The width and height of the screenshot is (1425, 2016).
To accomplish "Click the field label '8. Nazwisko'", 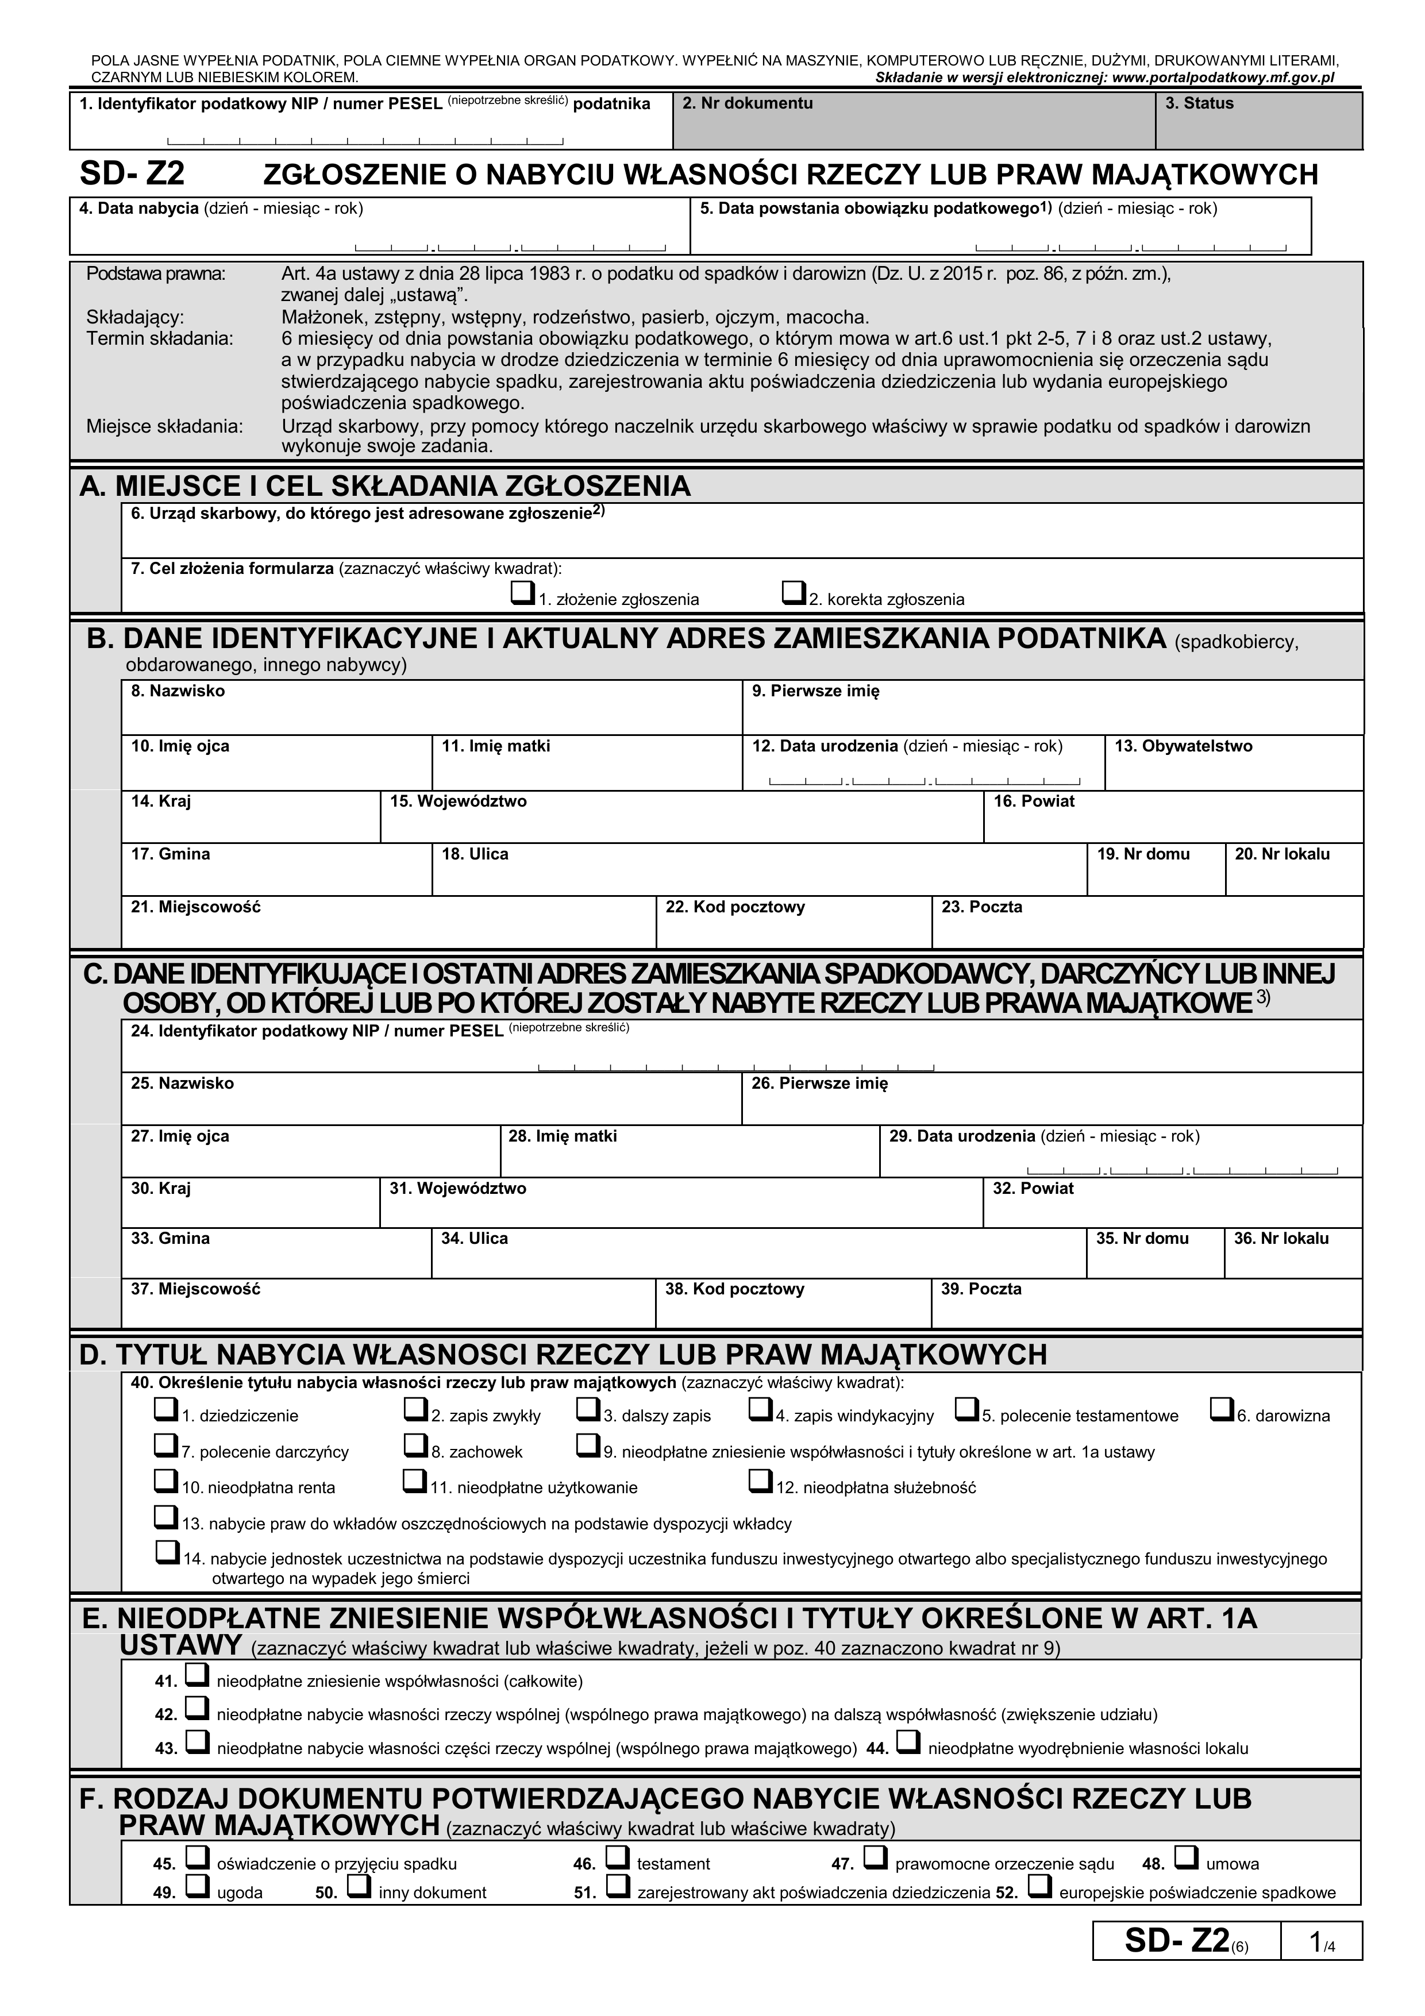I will [178, 691].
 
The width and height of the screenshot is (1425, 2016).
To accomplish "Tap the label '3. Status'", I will [1199, 103].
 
